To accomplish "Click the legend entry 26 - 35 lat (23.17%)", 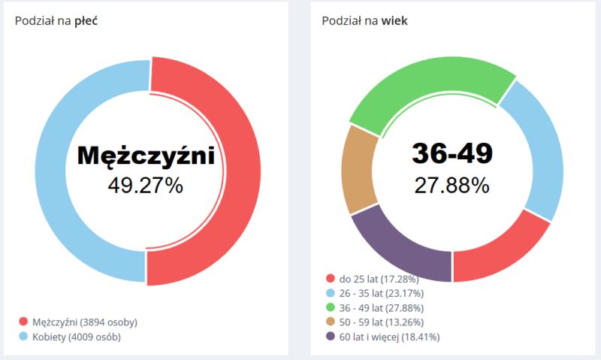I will [x=380, y=294].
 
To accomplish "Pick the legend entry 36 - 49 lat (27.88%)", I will [x=380, y=308].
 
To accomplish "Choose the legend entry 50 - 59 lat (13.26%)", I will [x=380, y=322].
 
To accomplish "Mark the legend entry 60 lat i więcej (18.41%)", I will [x=388, y=337].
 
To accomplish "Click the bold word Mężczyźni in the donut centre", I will [x=146, y=156].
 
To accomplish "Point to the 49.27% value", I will [x=146, y=185].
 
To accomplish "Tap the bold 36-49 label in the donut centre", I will [x=452, y=153].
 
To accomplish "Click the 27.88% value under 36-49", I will [x=452, y=184].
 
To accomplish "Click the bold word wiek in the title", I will [x=394, y=20].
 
